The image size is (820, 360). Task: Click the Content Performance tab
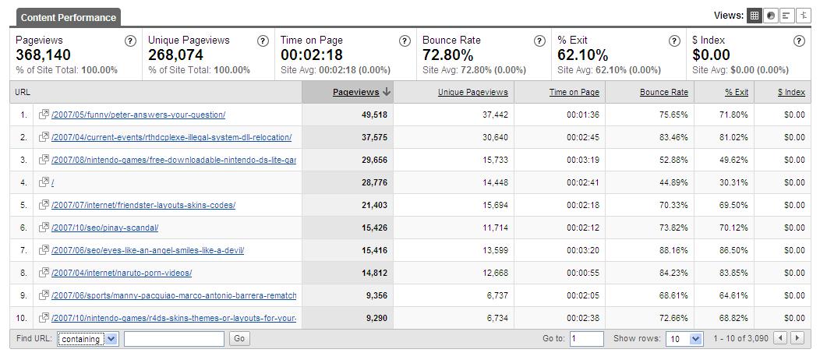pyautogui.click(x=69, y=17)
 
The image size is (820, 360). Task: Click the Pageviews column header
pyautogui.click(x=355, y=92)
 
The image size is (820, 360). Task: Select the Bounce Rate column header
pyautogui.click(x=663, y=92)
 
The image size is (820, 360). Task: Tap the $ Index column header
pyautogui.click(x=791, y=92)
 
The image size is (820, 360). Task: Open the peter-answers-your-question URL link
pyautogui.click(x=138, y=115)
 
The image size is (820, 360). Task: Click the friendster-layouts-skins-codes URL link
pyautogui.click(x=143, y=205)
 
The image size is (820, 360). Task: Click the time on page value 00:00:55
pyautogui.click(x=583, y=273)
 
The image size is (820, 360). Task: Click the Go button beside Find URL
pyautogui.click(x=239, y=339)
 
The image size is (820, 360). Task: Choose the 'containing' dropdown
pyautogui.click(x=87, y=339)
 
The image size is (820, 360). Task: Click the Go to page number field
pyautogui.click(x=586, y=339)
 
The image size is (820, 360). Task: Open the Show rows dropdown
pyautogui.click(x=684, y=339)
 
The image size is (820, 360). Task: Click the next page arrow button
pyautogui.click(x=797, y=338)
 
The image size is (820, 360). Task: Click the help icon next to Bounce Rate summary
pyautogui.click(x=539, y=41)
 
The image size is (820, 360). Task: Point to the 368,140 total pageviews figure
pyautogui.click(x=43, y=55)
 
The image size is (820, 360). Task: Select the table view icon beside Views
pyautogui.click(x=754, y=16)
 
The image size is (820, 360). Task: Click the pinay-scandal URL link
pyautogui.click(x=104, y=228)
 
